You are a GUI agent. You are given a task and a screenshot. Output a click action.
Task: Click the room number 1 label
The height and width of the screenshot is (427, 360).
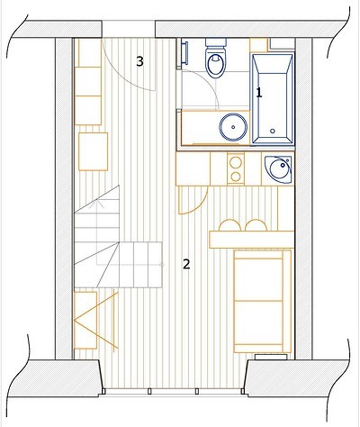(259, 93)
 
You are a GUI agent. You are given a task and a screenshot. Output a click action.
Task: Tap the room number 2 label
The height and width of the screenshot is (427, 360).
(186, 264)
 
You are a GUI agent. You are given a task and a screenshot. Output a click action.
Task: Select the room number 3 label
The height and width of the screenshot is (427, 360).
(139, 61)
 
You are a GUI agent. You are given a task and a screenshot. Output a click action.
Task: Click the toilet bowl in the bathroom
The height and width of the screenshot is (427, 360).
(215, 64)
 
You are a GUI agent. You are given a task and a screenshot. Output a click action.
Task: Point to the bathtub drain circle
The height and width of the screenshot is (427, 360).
(273, 131)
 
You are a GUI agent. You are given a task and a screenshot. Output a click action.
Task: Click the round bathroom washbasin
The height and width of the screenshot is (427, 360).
(233, 127)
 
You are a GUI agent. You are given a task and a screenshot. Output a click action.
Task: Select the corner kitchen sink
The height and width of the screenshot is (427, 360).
(279, 168)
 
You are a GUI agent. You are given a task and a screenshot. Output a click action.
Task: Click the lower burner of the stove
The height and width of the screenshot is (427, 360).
(236, 177)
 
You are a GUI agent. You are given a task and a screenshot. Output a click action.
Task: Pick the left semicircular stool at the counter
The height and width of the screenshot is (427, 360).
(229, 226)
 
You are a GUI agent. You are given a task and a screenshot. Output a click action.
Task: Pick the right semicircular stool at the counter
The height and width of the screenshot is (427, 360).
(256, 226)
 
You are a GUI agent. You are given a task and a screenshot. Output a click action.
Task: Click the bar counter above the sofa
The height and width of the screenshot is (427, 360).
(251, 240)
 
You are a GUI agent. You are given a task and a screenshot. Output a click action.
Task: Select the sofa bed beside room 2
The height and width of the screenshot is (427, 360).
(262, 301)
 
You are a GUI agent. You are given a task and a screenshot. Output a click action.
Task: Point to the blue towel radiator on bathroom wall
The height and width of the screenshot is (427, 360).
(184, 53)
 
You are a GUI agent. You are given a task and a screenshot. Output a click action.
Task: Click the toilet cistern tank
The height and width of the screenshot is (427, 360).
(216, 42)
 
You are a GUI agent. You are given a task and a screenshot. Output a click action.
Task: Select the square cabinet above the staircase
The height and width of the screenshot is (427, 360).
(94, 151)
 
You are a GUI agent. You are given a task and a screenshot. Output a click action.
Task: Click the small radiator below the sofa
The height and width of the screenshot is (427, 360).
(271, 357)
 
